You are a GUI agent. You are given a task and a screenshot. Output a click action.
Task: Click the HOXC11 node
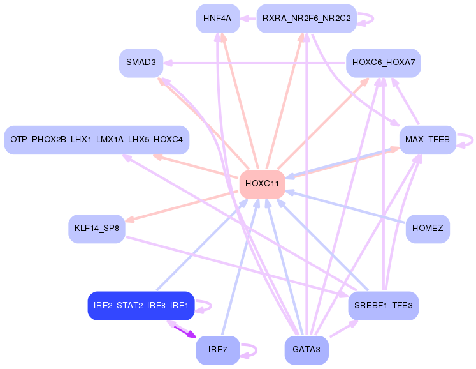coord(262,184)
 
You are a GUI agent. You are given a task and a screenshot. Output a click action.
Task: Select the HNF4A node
coord(218,19)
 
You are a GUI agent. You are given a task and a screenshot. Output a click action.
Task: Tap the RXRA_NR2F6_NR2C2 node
coord(307,19)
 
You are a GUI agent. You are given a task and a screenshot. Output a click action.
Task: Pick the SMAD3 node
coord(141,63)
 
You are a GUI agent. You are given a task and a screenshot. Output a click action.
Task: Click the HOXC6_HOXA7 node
coord(384,63)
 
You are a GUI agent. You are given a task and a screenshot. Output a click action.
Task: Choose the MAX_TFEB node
coord(428,140)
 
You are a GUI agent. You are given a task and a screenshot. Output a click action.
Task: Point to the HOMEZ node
coord(428,229)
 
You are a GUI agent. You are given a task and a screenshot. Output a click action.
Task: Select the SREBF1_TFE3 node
coord(384,306)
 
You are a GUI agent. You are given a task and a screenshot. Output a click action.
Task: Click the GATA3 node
coord(307,350)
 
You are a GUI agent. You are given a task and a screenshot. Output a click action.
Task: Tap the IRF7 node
coord(218,350)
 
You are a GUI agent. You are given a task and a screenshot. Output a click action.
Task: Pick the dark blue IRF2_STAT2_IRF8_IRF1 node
coord(141,306)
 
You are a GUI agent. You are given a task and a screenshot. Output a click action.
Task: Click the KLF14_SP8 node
coord(97,229)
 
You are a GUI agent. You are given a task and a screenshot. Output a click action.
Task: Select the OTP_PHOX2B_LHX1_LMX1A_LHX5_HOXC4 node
coord(97,140)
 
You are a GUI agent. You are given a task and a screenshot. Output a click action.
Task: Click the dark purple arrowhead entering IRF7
coord(192,335)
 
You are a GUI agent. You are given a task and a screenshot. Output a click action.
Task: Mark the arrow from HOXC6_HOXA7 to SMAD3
coord(255,63)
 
